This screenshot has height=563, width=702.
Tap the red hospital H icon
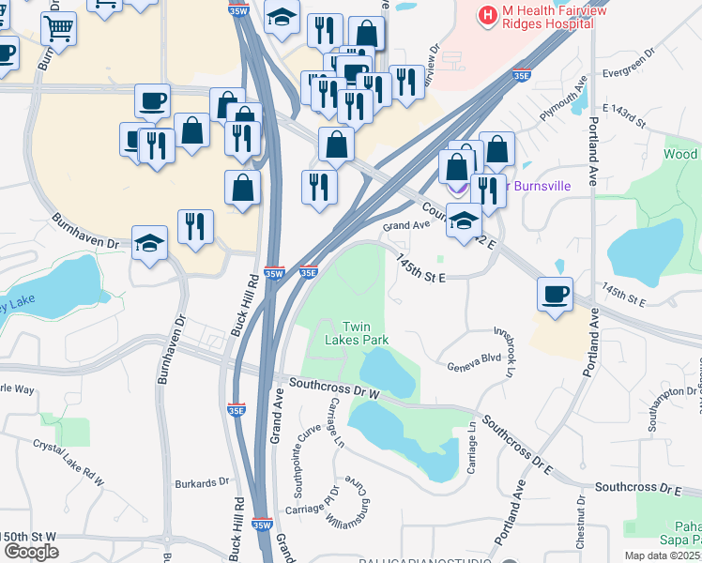point(488,15)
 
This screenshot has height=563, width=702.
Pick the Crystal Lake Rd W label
point(69,461)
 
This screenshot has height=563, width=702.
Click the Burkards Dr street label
point(202,483)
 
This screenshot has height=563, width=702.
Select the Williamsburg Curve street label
point(348,506)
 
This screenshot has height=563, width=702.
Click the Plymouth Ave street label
point(562,101)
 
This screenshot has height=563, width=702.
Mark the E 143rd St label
point(623,116)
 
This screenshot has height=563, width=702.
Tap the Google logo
point(31,551)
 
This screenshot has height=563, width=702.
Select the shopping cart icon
point(58,28)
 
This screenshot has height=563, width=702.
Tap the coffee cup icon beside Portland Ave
point(555,294)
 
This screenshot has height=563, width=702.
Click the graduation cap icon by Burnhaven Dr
point(149,243)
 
